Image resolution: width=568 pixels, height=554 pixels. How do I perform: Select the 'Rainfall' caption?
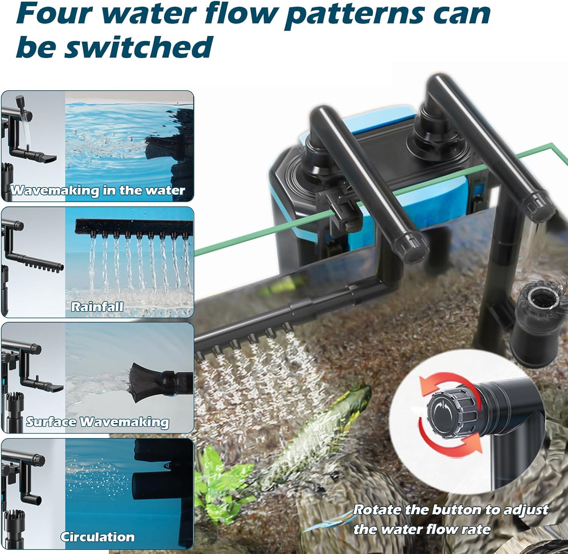point(97,306)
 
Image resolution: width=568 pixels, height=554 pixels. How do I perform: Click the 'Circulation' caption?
point(97,537)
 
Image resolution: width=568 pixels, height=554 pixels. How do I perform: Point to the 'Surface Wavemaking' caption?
point(97,422)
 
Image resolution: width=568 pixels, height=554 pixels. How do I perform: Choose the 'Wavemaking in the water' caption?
point(98,190)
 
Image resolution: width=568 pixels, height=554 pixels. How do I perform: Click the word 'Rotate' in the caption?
point(377,510)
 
